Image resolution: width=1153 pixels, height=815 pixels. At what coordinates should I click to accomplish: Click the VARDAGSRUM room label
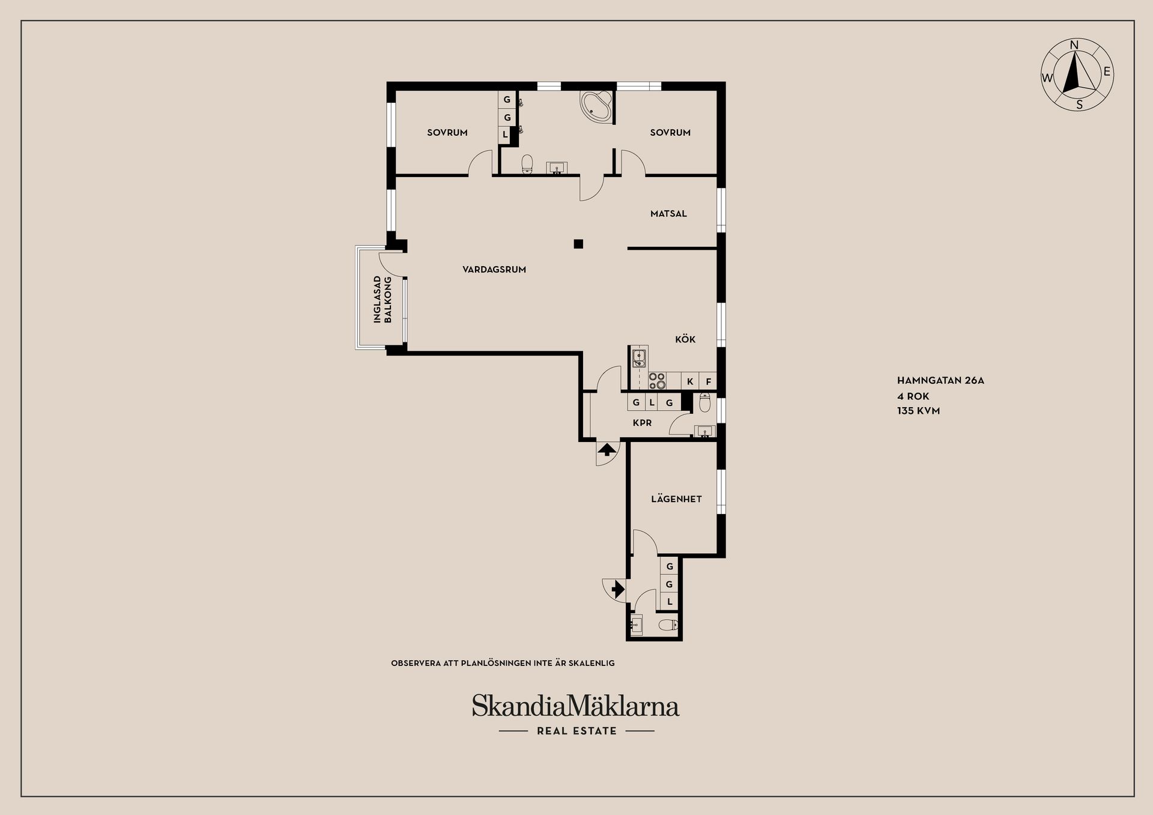[x=494, y=270]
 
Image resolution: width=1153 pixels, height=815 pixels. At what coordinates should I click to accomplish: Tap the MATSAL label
[x=668, y=214]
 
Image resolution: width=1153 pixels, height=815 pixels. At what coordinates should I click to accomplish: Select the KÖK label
[x=685, y=339]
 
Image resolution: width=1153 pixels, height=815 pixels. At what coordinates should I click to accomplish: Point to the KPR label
[x=642, y=423]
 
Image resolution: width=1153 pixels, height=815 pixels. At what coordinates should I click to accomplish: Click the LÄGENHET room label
[x=676, y=499]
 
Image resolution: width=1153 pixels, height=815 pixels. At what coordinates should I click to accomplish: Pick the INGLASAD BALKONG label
[x=383, y=300]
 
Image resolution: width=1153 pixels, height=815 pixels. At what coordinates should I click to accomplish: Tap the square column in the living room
[x=578, y=244]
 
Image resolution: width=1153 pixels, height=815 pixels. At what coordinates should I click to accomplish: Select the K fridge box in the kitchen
[x=690, y=381]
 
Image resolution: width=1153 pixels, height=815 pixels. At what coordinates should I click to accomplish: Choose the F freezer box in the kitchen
[x=708, y=381]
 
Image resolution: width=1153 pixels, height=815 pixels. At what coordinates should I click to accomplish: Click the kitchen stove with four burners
[x=657, y=381]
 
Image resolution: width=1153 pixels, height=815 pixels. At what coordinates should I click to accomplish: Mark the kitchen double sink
[x=639, y=358]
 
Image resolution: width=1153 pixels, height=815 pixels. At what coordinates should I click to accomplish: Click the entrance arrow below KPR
[x=607, y=449]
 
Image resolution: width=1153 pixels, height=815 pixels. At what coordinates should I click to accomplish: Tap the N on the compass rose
[x=1075, y=45]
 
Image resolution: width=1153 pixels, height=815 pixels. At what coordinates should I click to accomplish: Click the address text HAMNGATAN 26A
[x=940, y=380]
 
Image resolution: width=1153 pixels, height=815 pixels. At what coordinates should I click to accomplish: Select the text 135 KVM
[x=918, y=411]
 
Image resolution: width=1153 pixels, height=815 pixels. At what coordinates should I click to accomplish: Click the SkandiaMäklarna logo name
[x=575, y=706]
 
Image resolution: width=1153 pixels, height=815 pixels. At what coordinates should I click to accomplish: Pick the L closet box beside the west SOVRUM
[x=505, y=135]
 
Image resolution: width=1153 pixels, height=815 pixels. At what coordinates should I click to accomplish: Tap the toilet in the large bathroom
[x=527, y=163]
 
